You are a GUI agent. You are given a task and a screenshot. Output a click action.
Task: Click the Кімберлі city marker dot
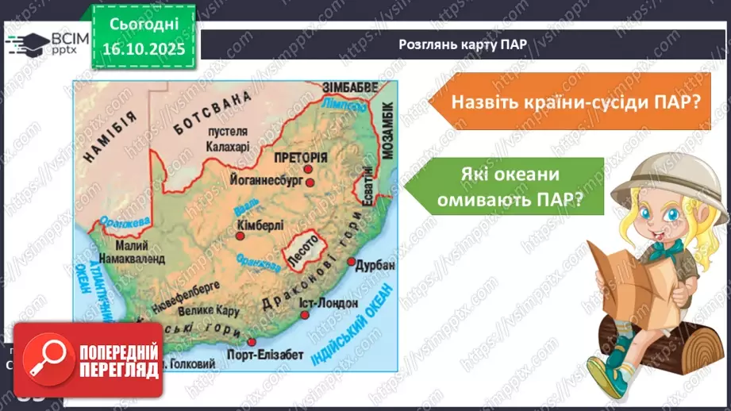240,235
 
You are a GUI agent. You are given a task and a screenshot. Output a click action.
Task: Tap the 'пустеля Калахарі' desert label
227,140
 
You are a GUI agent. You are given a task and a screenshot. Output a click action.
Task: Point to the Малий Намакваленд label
129,252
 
